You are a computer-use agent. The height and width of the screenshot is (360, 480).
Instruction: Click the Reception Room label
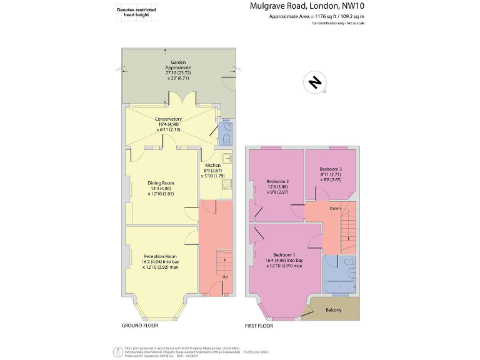pyautogui.click(x=161, y=261)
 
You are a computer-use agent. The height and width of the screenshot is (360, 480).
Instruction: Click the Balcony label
pyautogui.click(x=334, y=309)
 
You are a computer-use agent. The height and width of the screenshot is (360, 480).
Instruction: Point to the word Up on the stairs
pyautogui.click(x=224, y=276)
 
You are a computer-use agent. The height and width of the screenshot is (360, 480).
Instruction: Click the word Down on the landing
pyautogui.click(x=335, y=209)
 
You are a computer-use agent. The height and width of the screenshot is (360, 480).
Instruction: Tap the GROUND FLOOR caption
pyautogui.click(x=139, y=326)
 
